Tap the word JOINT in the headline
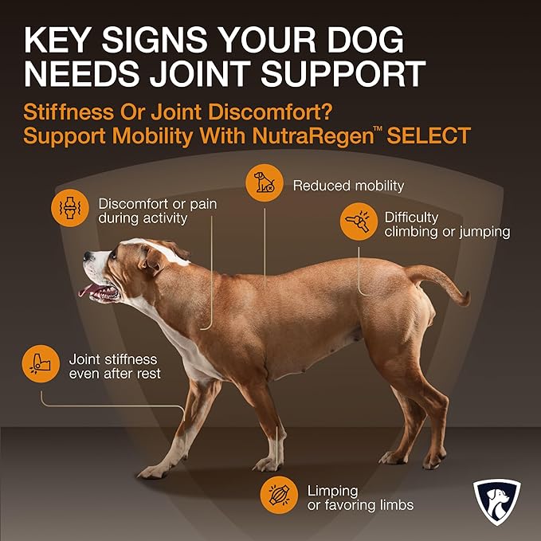pos(200,73)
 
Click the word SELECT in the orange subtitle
pos(429,135)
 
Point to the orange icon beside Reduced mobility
pos(265,183)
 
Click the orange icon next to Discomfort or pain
pos(70,208)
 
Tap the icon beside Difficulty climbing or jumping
pos(359,221)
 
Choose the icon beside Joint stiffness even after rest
pos(41,363)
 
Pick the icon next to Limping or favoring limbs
pos(279,495)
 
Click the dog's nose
pos(88,256)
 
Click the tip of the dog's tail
pos(467,300)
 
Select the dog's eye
pos(113,255)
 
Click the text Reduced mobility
pos(348,186)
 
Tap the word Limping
pos(332,492)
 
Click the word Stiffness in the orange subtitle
pos(69,112)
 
